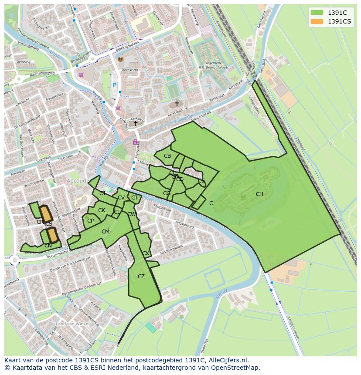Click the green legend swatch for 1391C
[317, 13]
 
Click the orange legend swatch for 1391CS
[317, 21]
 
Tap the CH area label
[259, 194]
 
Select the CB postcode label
[167, 156]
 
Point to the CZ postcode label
[141, 277]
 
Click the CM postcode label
[105, 232]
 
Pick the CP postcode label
[90, 221]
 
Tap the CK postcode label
[102, 210]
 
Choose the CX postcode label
[146, 253]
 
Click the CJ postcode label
[102, 193]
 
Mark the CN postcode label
[48, 246]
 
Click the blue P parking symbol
[115, 85]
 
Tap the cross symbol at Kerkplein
[136, 123]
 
